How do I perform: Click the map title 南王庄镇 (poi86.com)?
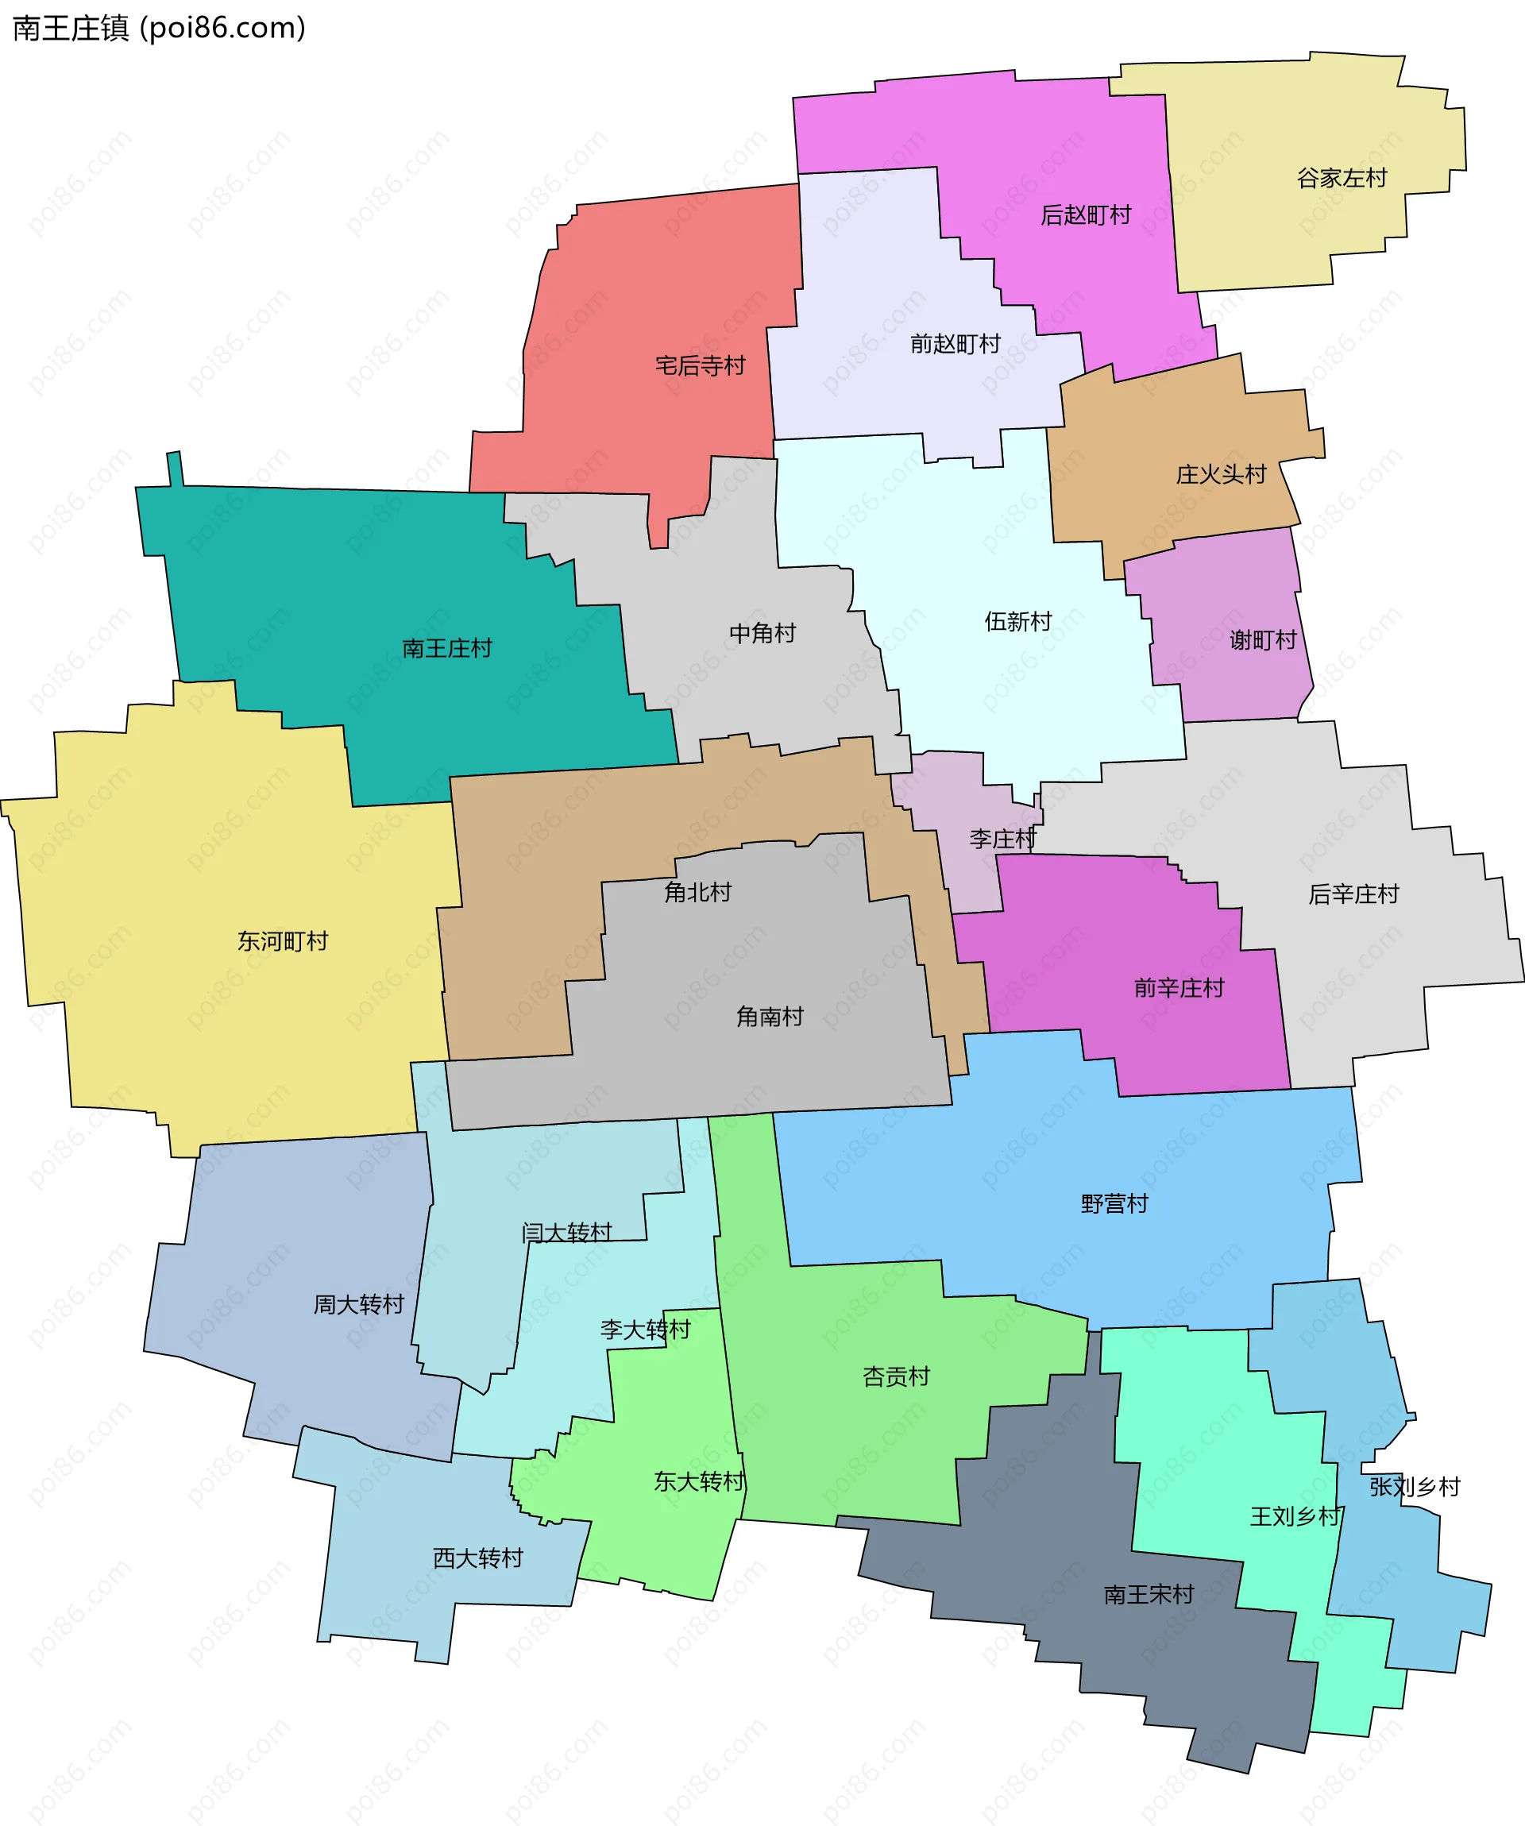[x=159, y=28]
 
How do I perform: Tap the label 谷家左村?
[x=1342, y=178]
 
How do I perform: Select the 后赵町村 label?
[x=1086, y=214]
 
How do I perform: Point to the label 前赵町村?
[x=956, y=345]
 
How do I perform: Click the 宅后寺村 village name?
[x=700, y=366]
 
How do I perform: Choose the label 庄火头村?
[x=1221, y=475]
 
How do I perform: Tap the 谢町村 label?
[x=1262, y=641]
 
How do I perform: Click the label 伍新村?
[x=1018, y=622]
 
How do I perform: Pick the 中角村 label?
[x=762, y=634]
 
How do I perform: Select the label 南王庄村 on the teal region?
[x=447, y=649]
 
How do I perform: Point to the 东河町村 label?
[x=283, y=942]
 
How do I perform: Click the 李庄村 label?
[x=1002, y=839]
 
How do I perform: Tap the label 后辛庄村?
[x=1353, y=895]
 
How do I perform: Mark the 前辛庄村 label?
[x=1179, y=988]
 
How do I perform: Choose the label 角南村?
[x=770, y=1017]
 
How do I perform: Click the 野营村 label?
[x=1114, y=1204]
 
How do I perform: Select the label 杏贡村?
[x=895, y=1376]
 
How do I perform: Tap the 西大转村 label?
[x=478, y=1558]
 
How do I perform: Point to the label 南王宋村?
[x=1149, y=1595]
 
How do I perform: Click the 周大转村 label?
[x=358, y=1304]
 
